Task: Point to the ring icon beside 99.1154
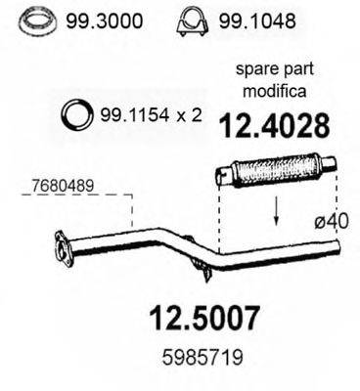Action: point(76,114)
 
